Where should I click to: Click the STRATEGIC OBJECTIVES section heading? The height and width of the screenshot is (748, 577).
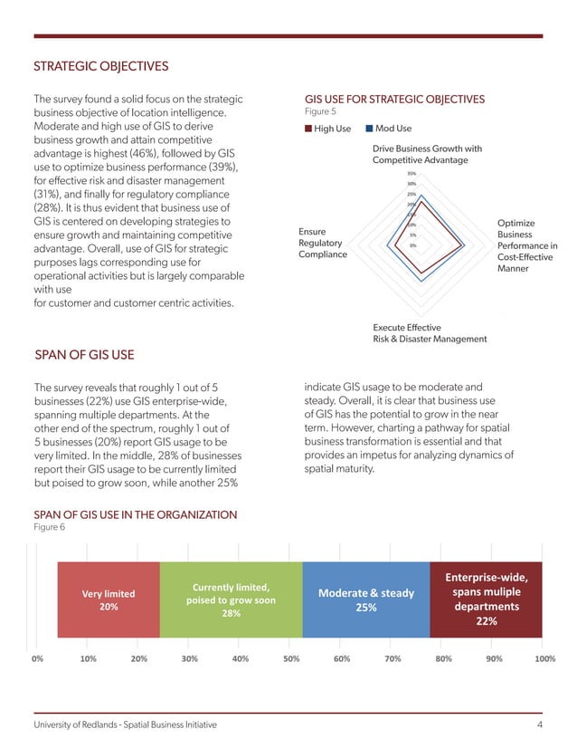click(x=101, y=66)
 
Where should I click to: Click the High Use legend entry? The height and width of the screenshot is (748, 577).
click(x=332, y=129)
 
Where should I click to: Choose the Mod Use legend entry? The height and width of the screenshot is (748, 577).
click(x=393, y=129)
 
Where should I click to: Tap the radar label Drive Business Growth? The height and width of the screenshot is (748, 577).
click(x=427, y=154)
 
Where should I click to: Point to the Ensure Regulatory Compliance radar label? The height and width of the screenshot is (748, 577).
click(x=322, y=243)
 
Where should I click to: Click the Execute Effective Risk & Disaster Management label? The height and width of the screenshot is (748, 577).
click(x=430, y=332)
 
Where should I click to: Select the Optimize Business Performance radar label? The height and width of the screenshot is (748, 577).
click(x=527, y=245)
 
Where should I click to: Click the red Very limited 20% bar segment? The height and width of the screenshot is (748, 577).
click(x=109, y=599)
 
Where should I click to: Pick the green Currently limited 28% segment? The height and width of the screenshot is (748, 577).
click(x=231, y=599)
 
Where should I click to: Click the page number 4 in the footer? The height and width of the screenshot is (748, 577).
click(x=539, y=725)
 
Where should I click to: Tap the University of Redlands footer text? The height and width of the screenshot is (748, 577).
click(x=125, y=725)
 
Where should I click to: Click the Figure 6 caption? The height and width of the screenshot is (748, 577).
click(x=49, y=527)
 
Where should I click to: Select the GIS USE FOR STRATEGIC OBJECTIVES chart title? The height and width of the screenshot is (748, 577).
click(x=395, y=99)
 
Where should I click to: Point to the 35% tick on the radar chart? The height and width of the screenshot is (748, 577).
click(x=411, y=173)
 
